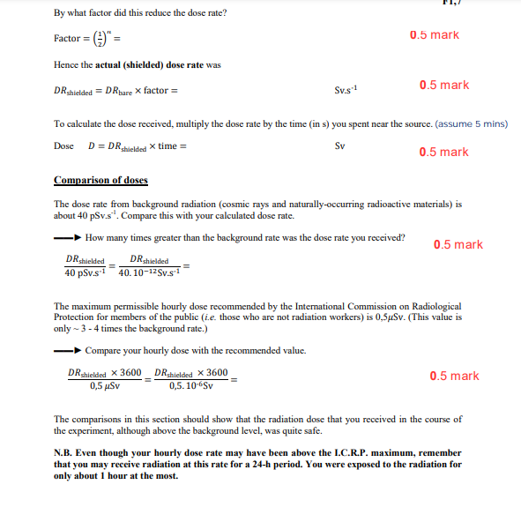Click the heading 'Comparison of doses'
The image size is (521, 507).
pos(100,181)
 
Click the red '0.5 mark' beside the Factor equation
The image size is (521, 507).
pos(435,35)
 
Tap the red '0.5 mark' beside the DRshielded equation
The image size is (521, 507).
pos(444,85)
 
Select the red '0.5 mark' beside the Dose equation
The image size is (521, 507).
pos(444,152)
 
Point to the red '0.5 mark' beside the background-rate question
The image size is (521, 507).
pos(458,244)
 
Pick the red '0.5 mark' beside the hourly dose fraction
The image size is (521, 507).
pos(455,376)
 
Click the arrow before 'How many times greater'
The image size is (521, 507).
pos(68,237)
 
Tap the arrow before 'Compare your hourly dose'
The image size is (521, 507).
pos(68,350)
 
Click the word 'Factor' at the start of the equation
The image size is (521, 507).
pos(67,40)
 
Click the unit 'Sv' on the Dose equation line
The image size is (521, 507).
pos(341,145)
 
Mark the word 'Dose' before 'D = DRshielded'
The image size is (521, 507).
pos(64,145)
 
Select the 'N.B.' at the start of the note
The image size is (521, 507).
pos(64,453)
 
